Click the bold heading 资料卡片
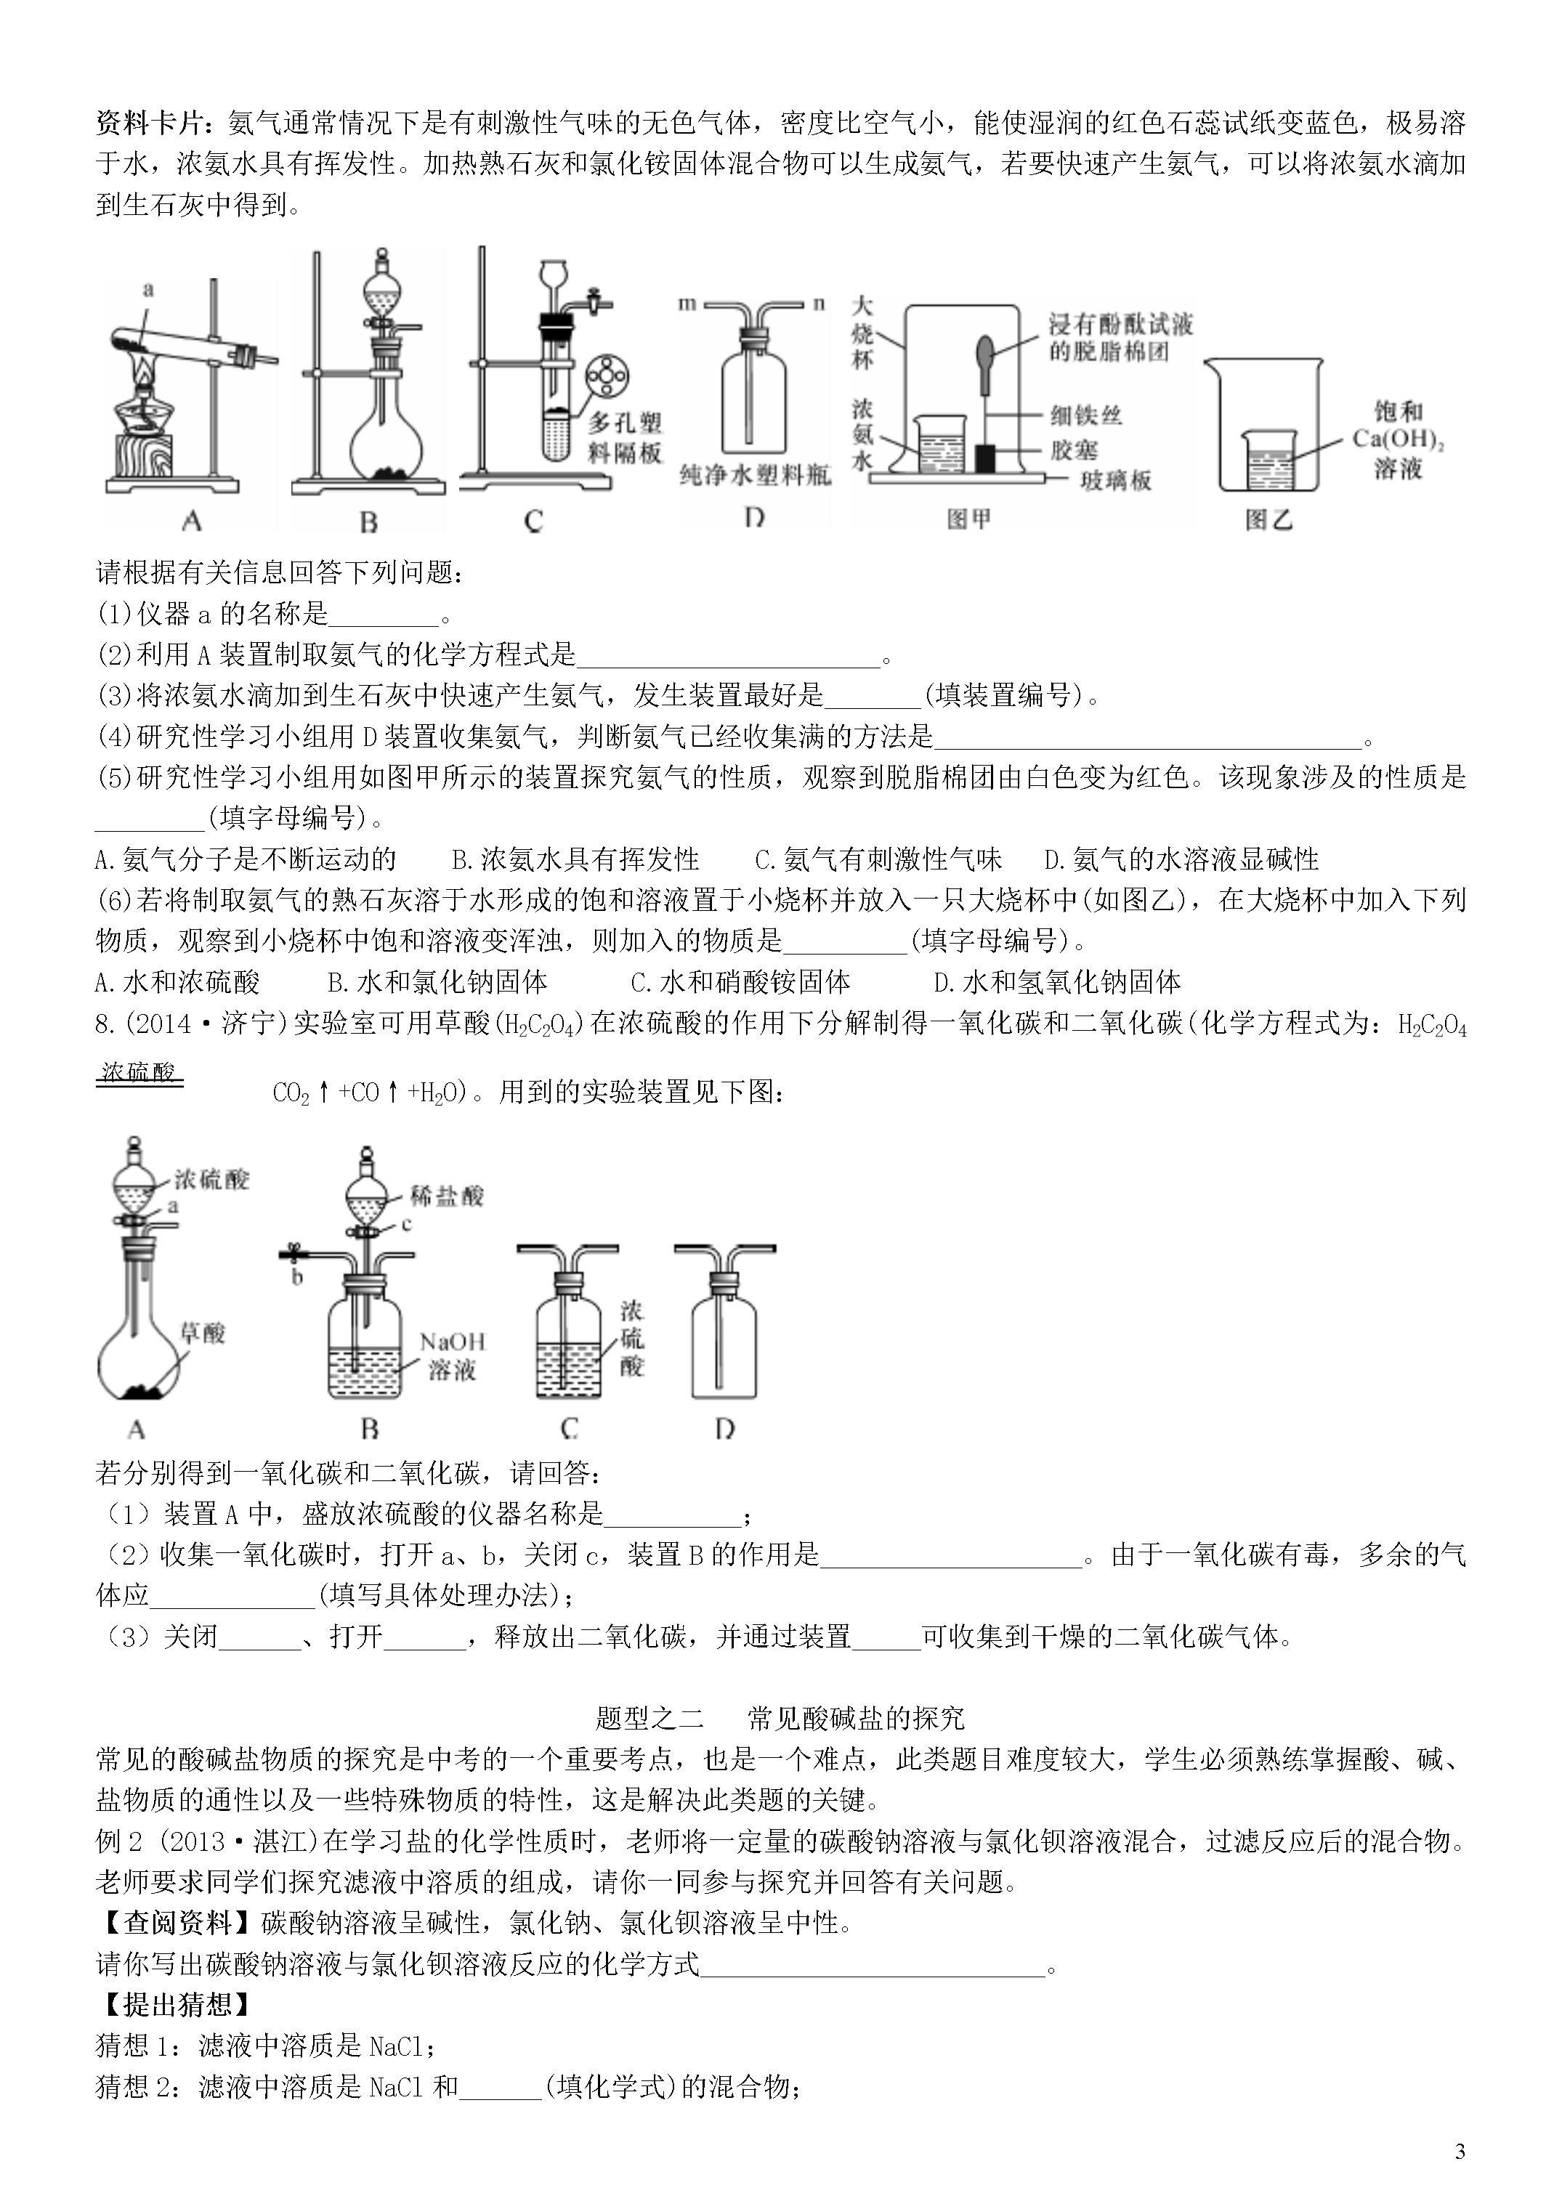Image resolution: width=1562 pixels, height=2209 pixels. (160, 123)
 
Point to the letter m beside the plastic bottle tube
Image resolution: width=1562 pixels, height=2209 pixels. (687, 304)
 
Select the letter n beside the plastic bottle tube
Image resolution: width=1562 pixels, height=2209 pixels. (819, 304)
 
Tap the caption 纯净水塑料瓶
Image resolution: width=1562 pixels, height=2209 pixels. (756, 475)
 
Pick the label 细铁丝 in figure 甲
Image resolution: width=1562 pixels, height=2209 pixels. (1087, 415)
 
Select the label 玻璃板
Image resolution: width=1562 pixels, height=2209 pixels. (1115, 480)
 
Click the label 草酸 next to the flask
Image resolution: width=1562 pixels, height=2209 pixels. (202, 1332)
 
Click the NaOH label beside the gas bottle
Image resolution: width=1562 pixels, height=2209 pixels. (453, 1341)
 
